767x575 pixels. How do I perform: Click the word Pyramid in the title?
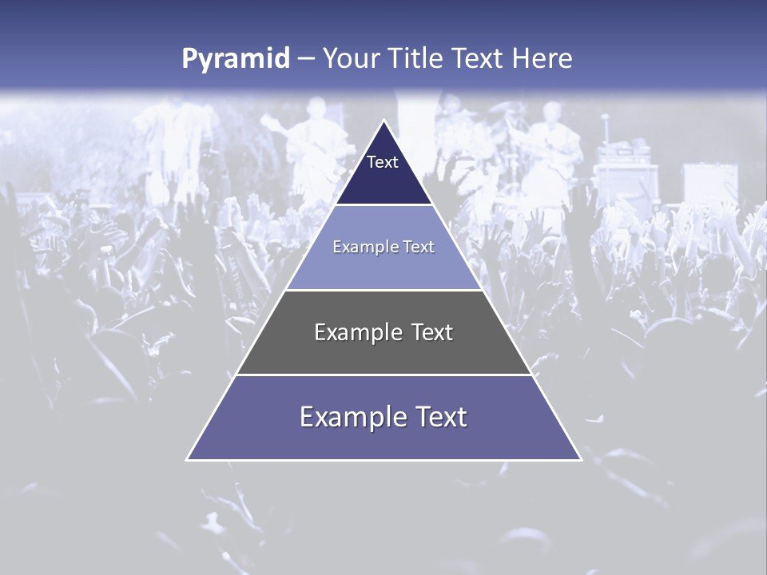(236, 59)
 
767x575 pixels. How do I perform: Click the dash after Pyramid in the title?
(305, 59)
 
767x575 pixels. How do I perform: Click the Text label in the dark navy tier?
(383, 162)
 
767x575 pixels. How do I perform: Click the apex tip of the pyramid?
(383, 121)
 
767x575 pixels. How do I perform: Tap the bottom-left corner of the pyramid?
(188, 459)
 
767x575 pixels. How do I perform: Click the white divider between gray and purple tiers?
(383, 375)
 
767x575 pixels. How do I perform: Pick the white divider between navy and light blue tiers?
(383, 205)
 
